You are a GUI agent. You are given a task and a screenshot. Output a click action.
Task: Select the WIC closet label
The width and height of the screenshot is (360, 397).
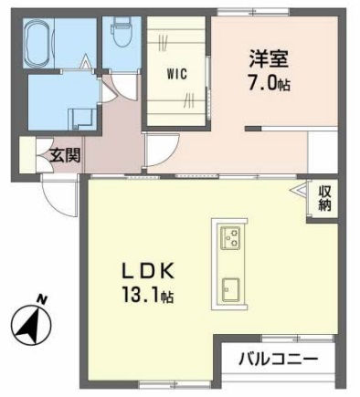[177, 75]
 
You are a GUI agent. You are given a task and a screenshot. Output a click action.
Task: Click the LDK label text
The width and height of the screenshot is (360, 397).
[150, 271]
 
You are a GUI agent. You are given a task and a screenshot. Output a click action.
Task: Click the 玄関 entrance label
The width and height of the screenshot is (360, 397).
[65, 154]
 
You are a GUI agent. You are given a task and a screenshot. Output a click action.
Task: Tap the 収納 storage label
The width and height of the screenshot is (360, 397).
[325, 199]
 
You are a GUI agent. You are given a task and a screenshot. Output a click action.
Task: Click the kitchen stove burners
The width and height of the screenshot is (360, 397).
[230, 239]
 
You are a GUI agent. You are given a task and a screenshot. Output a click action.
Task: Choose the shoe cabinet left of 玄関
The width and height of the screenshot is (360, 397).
[27, 155]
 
